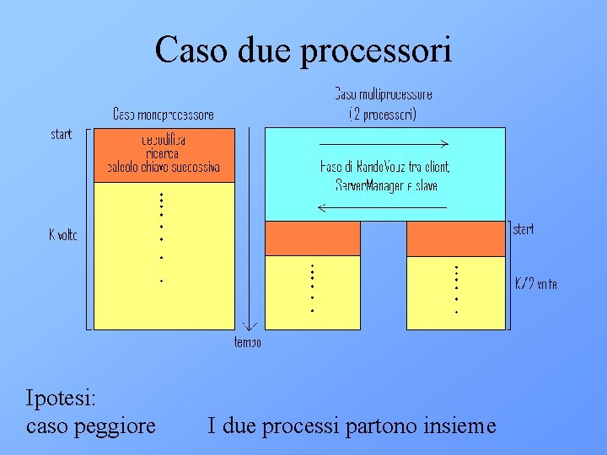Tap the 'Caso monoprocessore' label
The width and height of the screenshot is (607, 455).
(x=164, y=115)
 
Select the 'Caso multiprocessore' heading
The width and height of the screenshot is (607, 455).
(x=384, y=94)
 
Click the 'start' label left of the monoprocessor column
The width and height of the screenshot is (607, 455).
(x=62, y=134)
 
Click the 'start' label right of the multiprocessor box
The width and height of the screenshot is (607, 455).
(x=523, y=229)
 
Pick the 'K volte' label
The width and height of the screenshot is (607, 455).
(x=62, y=235)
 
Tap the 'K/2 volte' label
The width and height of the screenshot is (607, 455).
(x=536, y=284)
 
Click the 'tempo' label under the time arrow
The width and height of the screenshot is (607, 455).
(x=248, y=341)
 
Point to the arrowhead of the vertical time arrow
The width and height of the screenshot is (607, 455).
(x=249, y=325)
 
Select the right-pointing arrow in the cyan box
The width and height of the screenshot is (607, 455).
(x=384, y=144)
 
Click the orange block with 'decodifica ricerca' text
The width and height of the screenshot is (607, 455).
(x=164, y=153)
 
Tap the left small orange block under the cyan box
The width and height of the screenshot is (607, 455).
(x=312, y=238)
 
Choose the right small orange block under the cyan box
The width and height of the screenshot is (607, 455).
(x=455, y=238)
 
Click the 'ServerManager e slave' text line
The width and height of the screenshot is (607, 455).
(x=386, y=185)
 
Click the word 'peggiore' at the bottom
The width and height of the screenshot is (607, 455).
(x=120, y=426)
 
